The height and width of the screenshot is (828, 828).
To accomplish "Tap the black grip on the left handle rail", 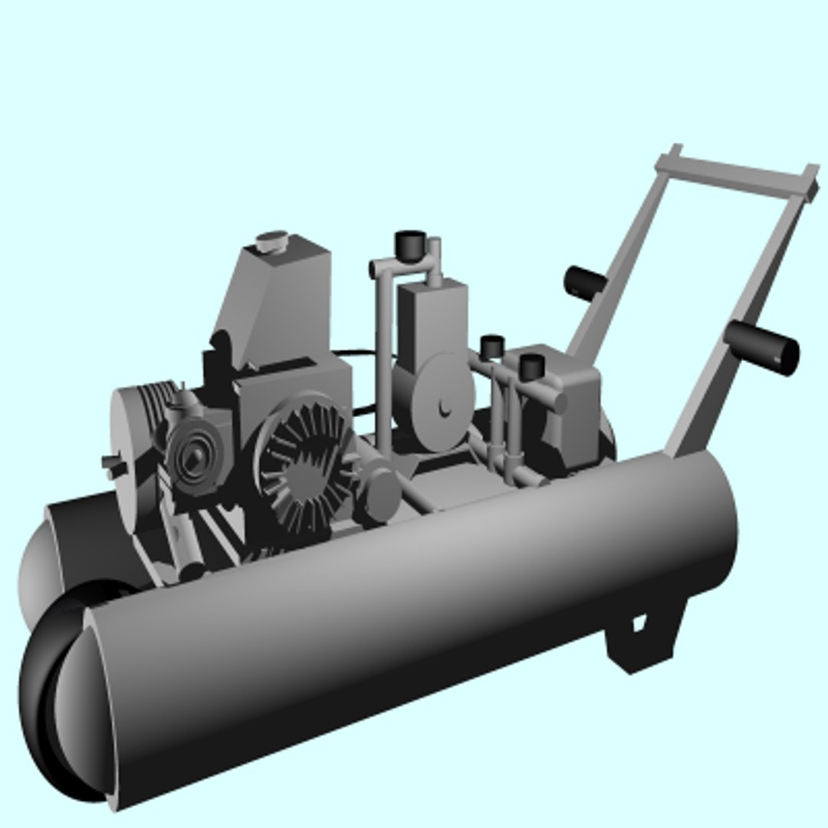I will click(x=585, y=283).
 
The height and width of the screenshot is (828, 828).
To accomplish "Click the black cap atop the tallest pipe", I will click(x=409, y=244).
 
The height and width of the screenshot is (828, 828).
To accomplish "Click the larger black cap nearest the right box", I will click(x=531, y=366).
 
